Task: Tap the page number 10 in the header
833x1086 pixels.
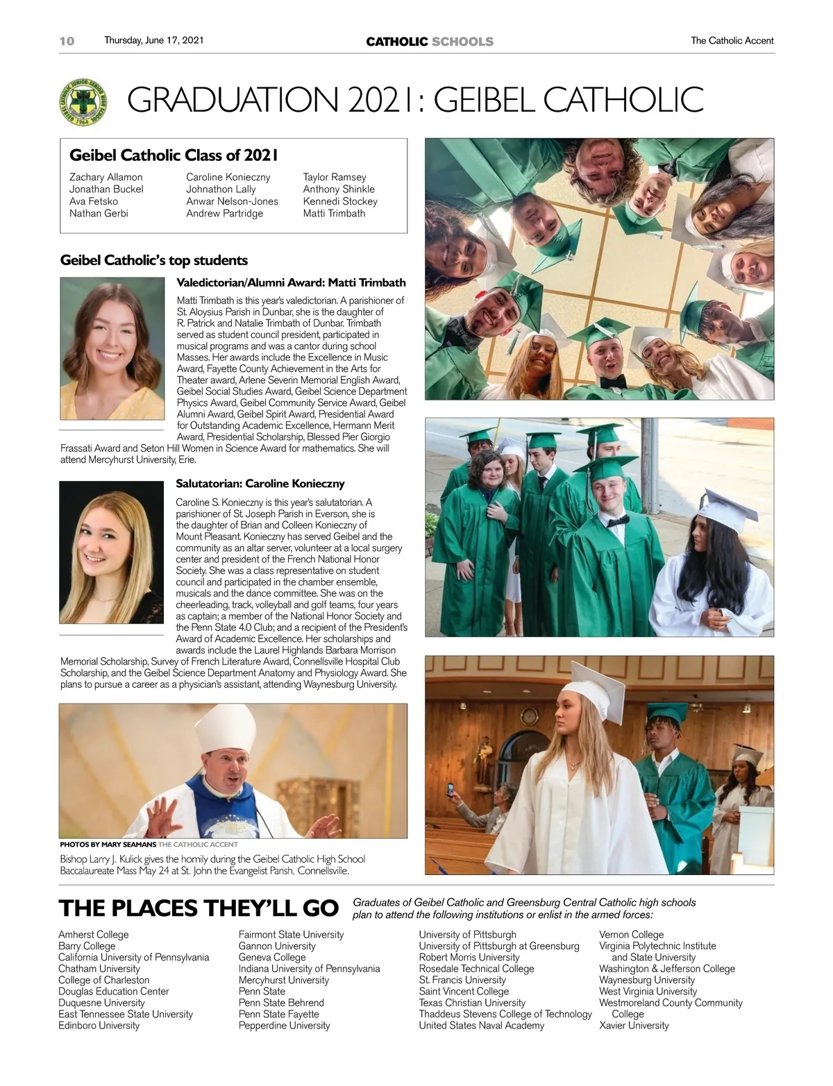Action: tap(67, 41)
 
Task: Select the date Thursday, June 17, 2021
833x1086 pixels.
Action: tap(154, 40)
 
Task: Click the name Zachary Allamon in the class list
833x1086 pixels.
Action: tap(106, 177)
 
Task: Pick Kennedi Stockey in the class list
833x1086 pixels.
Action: tap(340, 201)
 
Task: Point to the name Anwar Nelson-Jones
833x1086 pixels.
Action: tap(232, 201)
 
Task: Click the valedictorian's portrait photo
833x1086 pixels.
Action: tap(112, 348)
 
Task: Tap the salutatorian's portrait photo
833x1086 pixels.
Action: tap(111, 553)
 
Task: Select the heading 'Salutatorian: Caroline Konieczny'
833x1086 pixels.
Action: tap(260, 484)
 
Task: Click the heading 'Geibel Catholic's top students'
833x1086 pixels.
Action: tap(154, 260)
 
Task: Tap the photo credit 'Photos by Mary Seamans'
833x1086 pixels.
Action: tap(108, 845)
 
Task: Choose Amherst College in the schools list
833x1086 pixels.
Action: tap(93, 935)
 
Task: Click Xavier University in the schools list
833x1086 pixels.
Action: tap(634, 1026)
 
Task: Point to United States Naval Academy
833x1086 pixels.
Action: tap(481, 1026)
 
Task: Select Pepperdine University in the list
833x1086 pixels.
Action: tap(284, 1026)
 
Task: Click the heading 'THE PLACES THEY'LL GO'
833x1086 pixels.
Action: tap(199, 908)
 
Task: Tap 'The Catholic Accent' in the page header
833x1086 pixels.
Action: tap(732, 41)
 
